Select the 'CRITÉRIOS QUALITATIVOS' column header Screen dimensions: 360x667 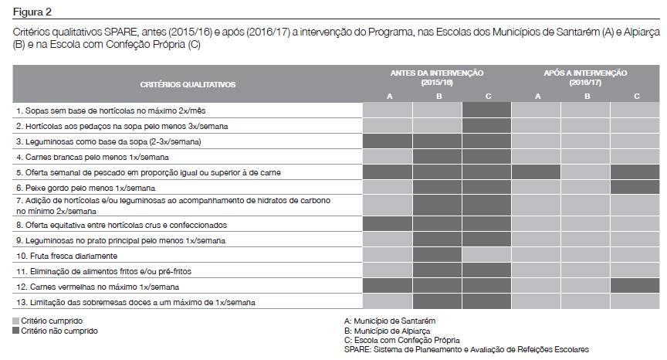tap(188, 84)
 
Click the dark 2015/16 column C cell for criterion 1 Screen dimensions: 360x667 tap(486, 110)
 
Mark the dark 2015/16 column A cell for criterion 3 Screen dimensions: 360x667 tap(388, 141)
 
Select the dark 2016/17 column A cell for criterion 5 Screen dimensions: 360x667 tap(536, 172)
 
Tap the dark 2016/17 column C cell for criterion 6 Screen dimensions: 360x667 tap(635, 188)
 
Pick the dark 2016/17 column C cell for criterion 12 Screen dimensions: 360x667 tap(635, 287)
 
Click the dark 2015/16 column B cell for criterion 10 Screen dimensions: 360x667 tap(437, 256)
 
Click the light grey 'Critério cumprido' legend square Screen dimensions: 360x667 tap(16, 321)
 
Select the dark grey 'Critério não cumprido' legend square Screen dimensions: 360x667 tap(16, 331)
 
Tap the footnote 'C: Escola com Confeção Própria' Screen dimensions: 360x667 tap(401, 340)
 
